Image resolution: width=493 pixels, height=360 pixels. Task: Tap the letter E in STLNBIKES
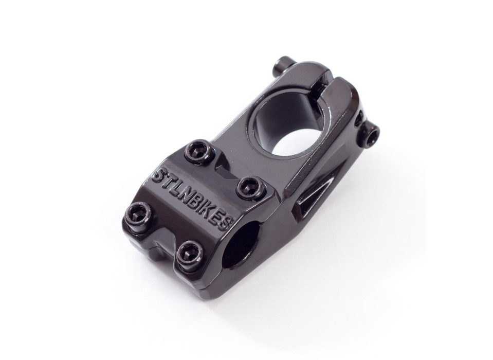pos(217,218)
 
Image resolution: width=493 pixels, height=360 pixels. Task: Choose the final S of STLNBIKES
pos(226,224)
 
